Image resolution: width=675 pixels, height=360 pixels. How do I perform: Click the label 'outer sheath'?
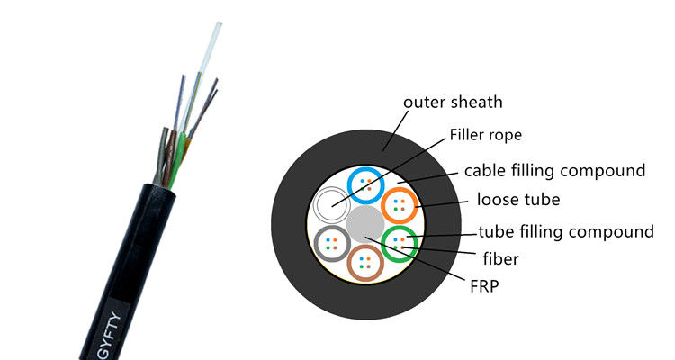tap(453, 102)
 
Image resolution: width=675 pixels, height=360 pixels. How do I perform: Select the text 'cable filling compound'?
tap(554, 170)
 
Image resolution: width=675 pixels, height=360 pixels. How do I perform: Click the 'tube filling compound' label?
tap(565, 232)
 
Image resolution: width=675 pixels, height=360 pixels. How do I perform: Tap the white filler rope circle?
tap(330, 206)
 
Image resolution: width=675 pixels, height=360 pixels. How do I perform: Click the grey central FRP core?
tap(364, 223)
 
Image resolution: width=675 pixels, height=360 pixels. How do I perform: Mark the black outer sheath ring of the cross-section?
tap(288, 225)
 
